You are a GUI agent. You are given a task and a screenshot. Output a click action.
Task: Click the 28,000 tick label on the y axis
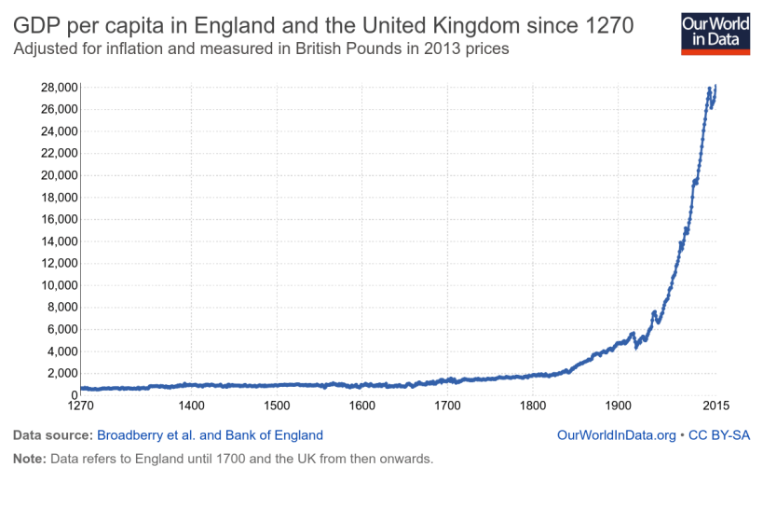coord(56,88)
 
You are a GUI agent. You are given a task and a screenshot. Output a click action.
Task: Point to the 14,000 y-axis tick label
coord(56,241)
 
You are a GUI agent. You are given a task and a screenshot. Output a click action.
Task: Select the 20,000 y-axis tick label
coord(56,175)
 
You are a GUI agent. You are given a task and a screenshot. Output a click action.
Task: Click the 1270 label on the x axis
coord(81,406)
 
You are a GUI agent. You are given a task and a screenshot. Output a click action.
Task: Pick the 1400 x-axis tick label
coord(191,406)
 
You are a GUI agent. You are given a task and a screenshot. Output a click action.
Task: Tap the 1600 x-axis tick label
coord(361,406)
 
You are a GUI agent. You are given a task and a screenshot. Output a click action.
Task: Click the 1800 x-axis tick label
coord(532,406)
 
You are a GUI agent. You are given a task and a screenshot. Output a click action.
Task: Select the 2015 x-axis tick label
coord(715,406)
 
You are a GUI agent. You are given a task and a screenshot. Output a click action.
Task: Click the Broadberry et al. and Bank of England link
coord(210,434)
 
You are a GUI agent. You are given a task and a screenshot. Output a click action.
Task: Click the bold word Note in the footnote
coord(29,459)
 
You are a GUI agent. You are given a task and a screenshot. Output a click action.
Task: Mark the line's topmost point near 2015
coord(715,86)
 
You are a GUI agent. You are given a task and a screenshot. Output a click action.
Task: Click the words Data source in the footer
coord(51,434)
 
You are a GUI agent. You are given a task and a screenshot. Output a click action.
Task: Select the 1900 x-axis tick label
coord(618,406)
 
